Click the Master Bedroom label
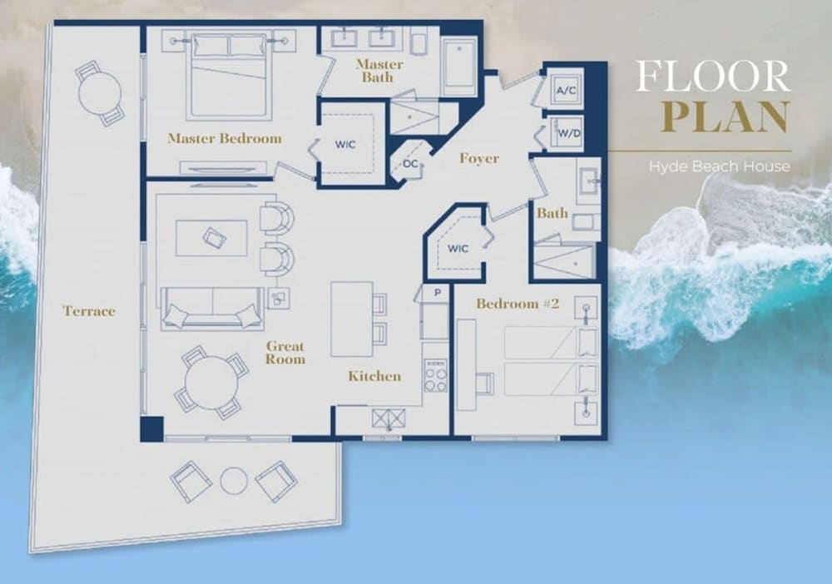(x=225, y=138)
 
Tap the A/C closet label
(x=566, y=90)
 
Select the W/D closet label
(x=569, y=133)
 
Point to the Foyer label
(x=479, y=159)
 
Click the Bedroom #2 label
(x=518, y=304)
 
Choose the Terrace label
(x=89, y=311)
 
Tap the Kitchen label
(x=374, y=376)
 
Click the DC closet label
(x=410, y=164)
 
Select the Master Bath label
(x=379, y=71)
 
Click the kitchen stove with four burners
(x=435, y=376)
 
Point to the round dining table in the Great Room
(x=211, y=383)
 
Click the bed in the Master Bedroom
(x=229, y=76)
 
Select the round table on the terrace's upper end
(x=100, y=93)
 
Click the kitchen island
(x=352, y=319)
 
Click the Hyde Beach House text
(x=719, y=166)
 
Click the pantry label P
(x=438, y=292)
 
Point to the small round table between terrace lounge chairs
(x=234, y=481)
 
